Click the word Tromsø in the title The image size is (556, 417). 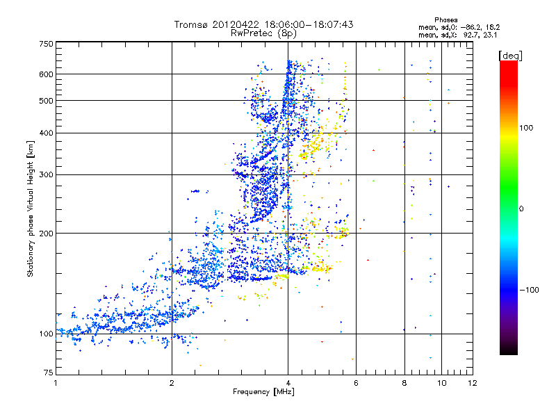[191, 24]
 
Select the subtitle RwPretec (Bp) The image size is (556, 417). [264, 33]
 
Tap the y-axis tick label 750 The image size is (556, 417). [45, 44]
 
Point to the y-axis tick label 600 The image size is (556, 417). [45, 74]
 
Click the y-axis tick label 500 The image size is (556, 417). [45, 100]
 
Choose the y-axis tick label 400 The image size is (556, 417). [45, 133]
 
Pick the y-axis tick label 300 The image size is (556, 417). [45, 174]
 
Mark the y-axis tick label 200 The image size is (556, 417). [45, 233]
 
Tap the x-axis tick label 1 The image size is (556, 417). [56, 383]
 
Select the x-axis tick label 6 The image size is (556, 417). [356, 383]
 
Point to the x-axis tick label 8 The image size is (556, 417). [404, 383]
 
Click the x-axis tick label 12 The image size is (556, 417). [473, 383]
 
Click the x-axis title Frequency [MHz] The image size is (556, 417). [264, 393]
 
